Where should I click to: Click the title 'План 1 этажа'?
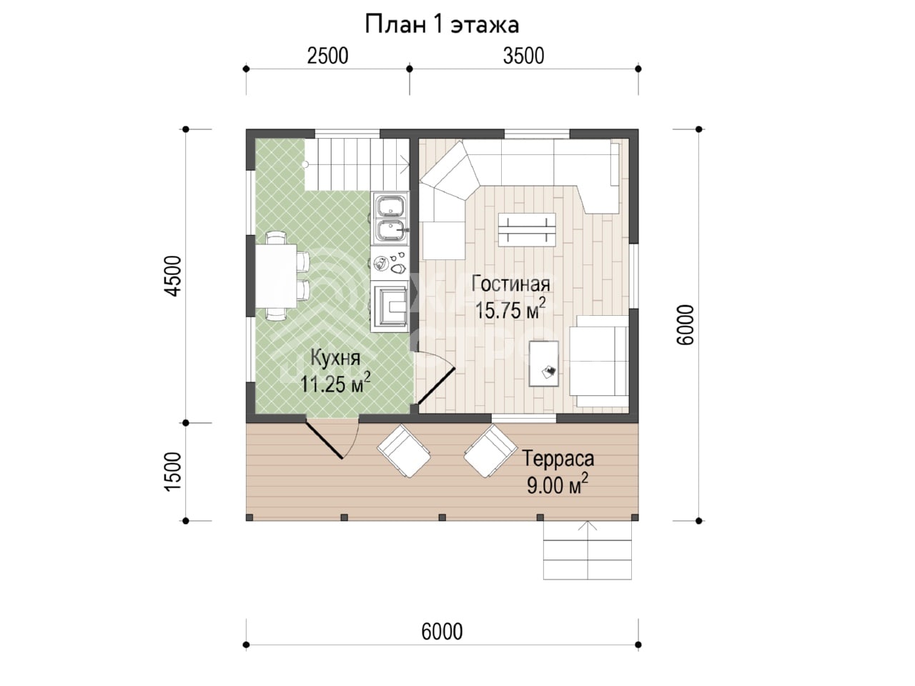442,24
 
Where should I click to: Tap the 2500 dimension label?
327,56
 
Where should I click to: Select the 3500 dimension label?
523,56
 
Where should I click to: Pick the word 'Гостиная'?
510,284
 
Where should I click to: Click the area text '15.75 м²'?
510,309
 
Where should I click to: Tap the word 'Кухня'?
335,358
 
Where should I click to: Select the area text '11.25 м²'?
335,383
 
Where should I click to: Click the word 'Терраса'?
558,459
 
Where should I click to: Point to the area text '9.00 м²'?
558,484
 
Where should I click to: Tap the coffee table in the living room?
528,230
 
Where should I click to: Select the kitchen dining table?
276,276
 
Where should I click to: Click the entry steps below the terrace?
588,551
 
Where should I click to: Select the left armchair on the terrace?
403,451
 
